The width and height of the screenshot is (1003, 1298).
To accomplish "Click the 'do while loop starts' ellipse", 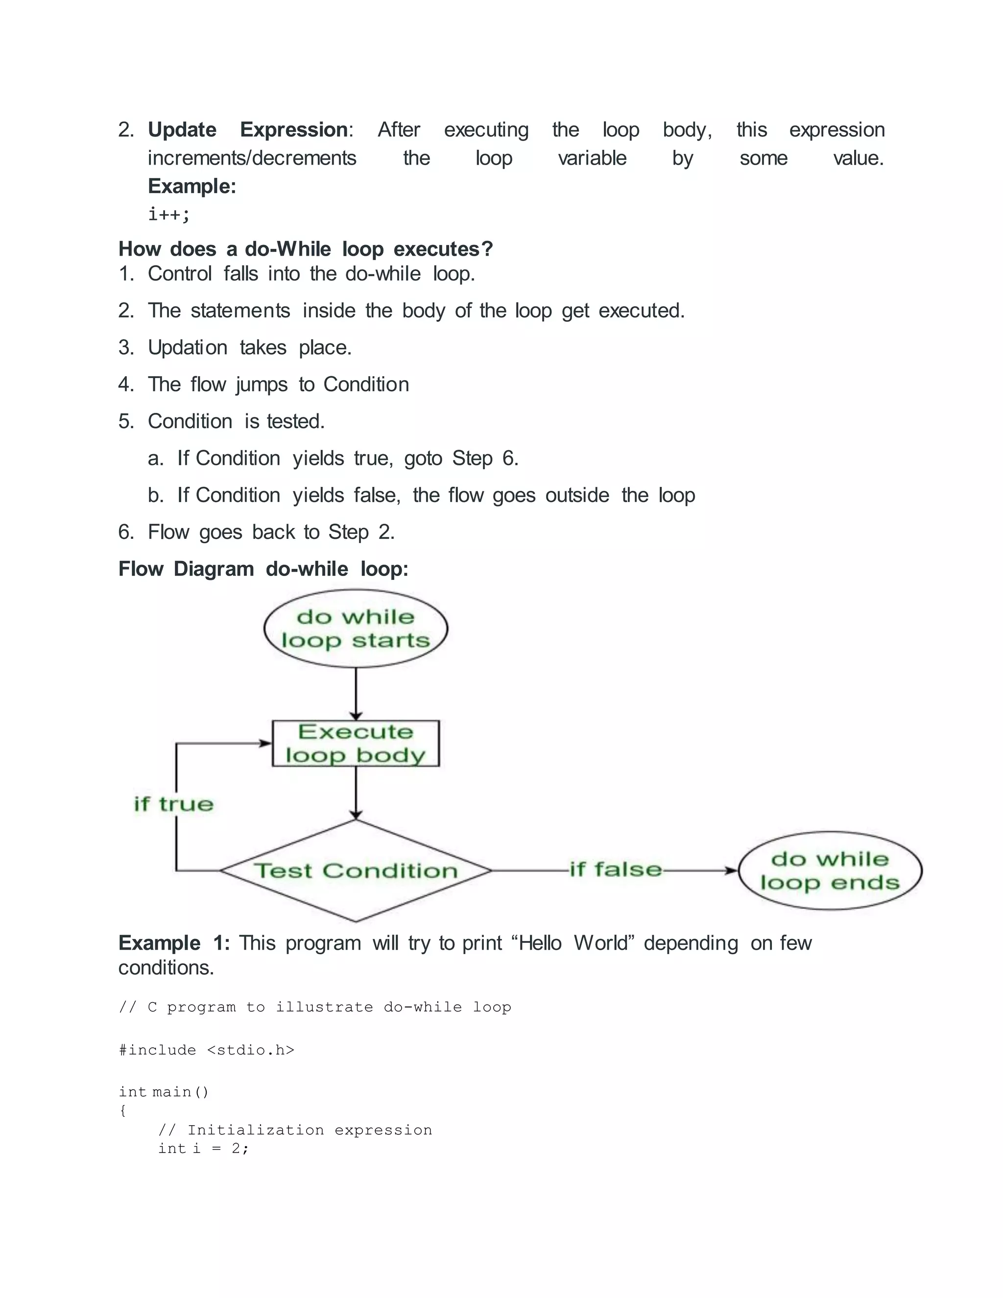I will click(356, 628).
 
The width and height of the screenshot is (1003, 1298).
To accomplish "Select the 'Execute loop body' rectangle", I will click(356, 744).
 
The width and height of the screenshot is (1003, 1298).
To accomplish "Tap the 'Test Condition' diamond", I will click(356, 871).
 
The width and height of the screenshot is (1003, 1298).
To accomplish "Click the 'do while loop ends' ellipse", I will click(830, 871).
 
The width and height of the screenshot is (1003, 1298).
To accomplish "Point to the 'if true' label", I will click(173, 804).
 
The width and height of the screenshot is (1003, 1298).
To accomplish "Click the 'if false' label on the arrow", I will click(616, 869).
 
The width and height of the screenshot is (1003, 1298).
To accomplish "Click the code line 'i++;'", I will click(169, 214).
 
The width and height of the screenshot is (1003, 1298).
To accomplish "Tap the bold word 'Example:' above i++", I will click(192, 186).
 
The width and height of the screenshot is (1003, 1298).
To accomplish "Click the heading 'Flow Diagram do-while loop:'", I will click(263, 569).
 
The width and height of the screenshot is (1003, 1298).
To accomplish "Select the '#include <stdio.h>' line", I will click(206, 1050).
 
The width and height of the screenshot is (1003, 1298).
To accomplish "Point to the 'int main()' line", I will click(164, 1092).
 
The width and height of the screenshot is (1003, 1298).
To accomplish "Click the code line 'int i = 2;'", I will click(203, 1148).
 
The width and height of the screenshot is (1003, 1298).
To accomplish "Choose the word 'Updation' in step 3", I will click(187, 348).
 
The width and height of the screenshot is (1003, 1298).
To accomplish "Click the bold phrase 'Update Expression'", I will click(248, 130).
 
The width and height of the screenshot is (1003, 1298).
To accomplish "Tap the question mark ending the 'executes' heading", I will click(488, 249).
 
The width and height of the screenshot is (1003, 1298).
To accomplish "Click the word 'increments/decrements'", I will click(252, 158).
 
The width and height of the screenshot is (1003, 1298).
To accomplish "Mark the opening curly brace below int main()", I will click(123, 1110).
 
